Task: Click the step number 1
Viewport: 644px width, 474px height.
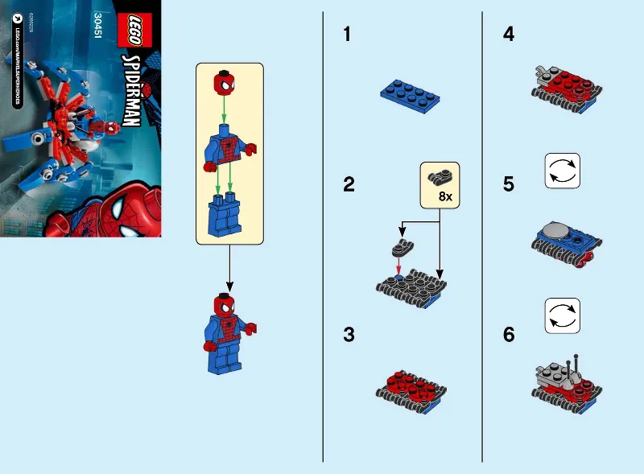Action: coord(347,35)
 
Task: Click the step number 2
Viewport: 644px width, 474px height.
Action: coord(348,185)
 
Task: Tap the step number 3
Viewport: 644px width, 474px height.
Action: coord(348,335)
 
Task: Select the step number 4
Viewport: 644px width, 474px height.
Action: coord(508,35)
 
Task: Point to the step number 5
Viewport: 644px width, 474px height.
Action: coord(508,185)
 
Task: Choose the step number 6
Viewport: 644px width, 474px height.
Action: coord(508,335)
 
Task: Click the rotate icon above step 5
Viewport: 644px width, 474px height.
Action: coord(562,171)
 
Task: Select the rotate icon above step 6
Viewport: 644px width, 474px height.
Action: coord(562,315)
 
